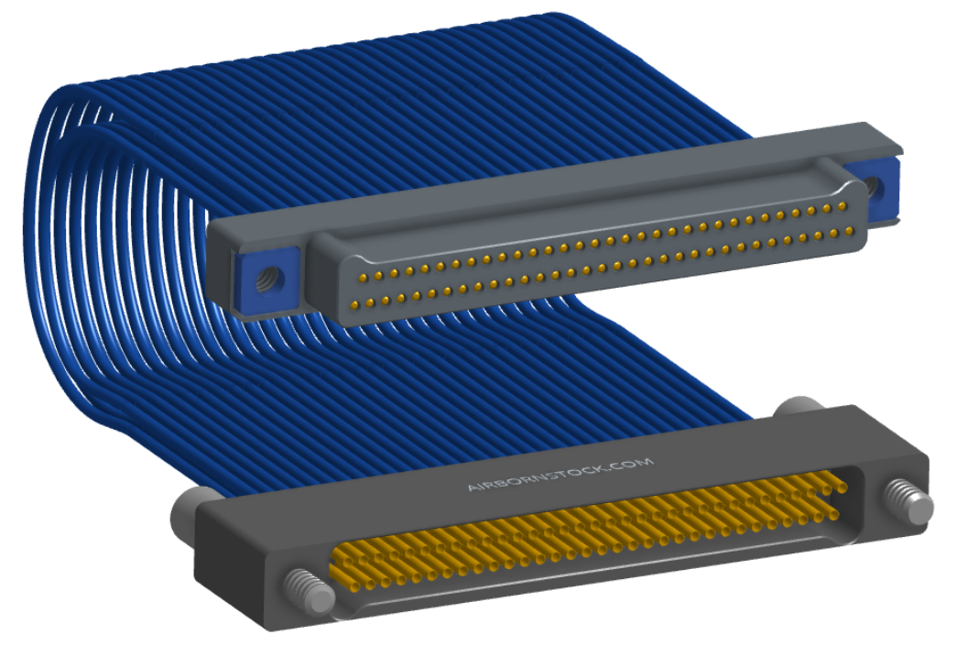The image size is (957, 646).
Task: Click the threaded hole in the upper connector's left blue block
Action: pos(269,280)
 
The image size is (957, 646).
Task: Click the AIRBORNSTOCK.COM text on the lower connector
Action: pos(560,475)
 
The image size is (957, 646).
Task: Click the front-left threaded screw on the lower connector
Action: pos(309,590)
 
